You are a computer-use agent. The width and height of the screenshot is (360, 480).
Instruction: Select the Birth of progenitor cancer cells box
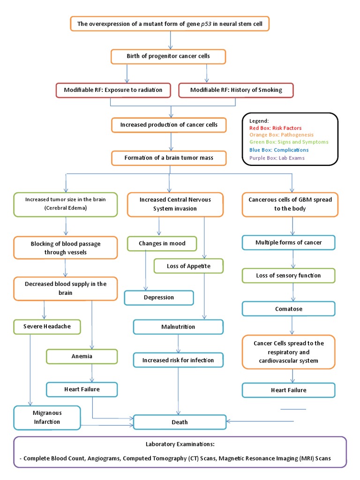[168, 56]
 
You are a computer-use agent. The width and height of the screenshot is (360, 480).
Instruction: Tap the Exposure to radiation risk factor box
[113, 90]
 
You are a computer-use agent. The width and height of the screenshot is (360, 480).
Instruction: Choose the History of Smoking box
[236, 90]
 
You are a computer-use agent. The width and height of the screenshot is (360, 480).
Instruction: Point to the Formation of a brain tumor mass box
[169, 158]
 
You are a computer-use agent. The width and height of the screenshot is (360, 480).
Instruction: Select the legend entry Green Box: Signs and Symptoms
[289, 142]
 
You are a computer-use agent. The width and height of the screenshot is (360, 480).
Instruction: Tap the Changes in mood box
[162, 244]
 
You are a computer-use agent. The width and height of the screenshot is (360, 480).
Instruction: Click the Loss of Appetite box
[188, 266]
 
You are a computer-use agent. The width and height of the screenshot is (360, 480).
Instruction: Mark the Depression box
[158, 298]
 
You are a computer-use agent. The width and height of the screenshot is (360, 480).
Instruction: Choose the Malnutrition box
[178, 327]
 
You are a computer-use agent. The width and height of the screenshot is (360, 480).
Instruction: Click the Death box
[180, 422]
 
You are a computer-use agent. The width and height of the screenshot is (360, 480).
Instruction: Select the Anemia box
[82, 356]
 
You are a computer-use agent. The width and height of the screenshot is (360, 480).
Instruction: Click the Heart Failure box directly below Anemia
[82, 389]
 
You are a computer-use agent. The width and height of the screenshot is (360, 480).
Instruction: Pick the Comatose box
[288, 309]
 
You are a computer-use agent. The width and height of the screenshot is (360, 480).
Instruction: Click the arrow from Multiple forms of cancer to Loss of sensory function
[293, 259]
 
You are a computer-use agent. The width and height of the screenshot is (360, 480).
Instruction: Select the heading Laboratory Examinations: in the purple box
[180, 444]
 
